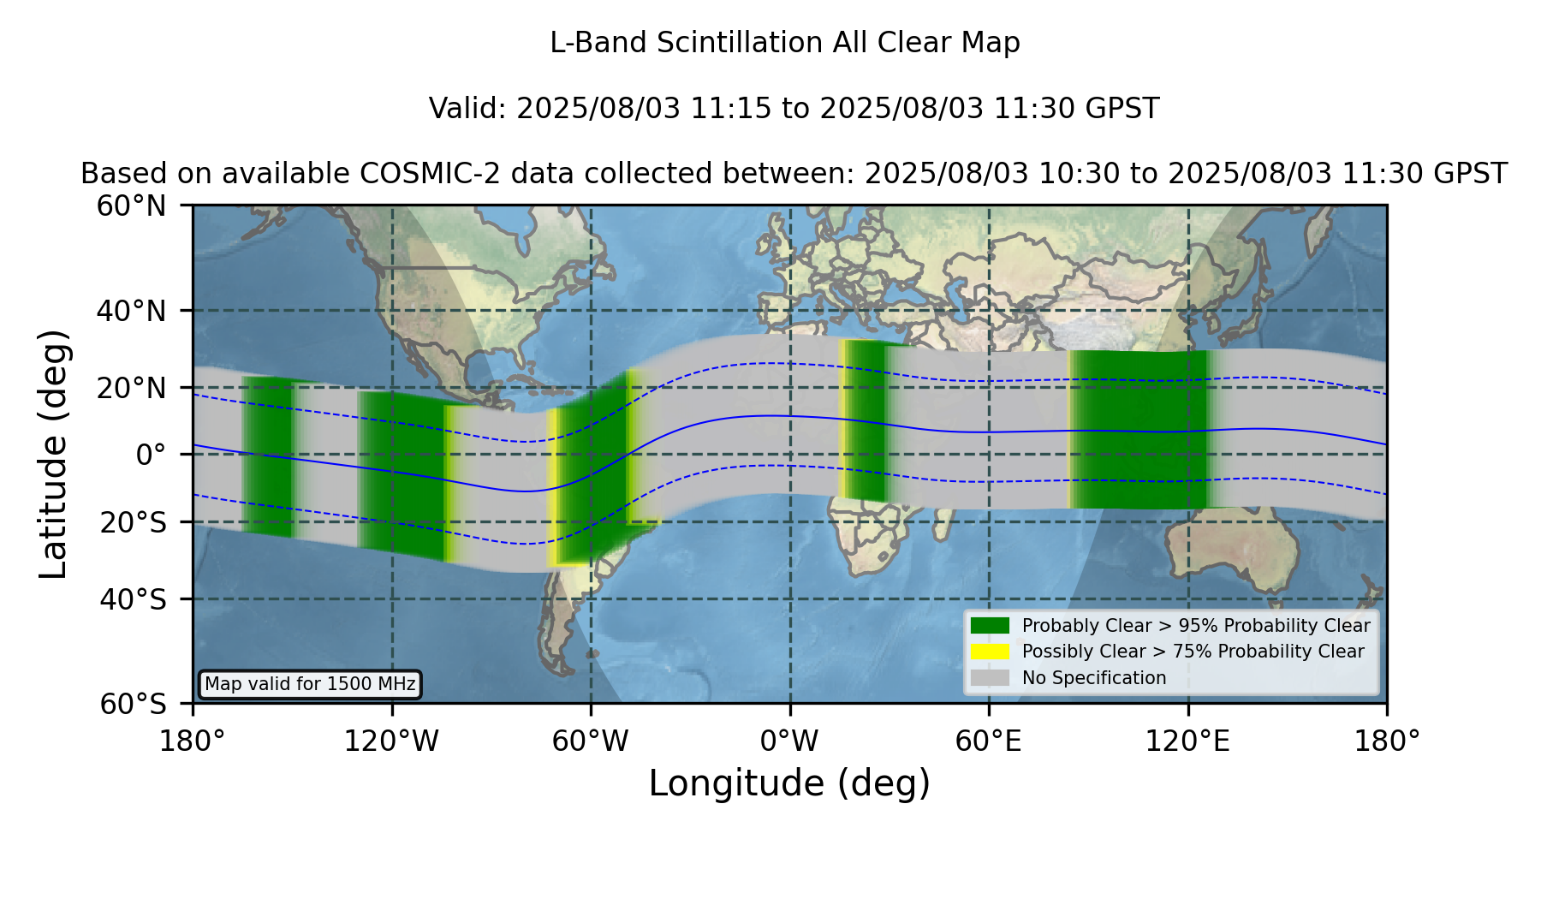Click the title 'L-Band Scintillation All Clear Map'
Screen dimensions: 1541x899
coord(785,43)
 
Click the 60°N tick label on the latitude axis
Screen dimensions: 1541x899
coord(131,206)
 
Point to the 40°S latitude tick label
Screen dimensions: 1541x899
coord(133,599)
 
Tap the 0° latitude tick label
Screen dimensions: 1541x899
coord(151,455)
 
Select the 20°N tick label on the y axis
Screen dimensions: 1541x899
coord(131,388)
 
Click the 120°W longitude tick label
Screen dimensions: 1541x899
coord(391,741)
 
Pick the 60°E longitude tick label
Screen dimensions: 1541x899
coord(989,741)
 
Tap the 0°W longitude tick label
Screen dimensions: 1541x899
coord(789,741)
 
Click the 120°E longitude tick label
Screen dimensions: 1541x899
coord(1187,741)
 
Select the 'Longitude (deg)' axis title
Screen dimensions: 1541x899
coord(789,783)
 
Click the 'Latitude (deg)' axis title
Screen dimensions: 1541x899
coord(54,455)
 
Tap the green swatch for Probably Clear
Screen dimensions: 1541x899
coord(990,626)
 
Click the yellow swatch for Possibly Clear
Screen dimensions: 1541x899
coord(990,652)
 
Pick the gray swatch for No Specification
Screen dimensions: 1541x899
coord(990,678)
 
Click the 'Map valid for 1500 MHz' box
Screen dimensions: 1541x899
coord(310,684)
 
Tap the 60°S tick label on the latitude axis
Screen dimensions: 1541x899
coord(133,704)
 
